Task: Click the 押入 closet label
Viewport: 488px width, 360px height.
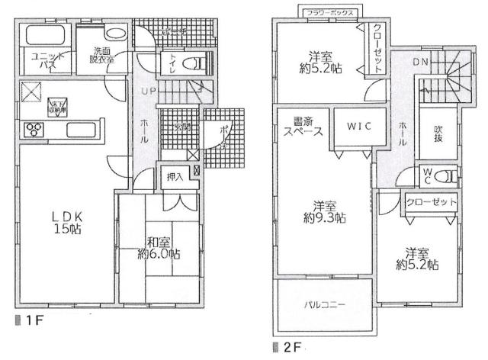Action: point(174,177)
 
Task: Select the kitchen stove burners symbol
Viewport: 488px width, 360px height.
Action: point(34,127)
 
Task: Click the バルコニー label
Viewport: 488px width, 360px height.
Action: point(326,304)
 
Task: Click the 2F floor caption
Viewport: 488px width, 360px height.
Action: point(285,348)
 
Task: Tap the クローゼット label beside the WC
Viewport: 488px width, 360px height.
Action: point(432,203)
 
